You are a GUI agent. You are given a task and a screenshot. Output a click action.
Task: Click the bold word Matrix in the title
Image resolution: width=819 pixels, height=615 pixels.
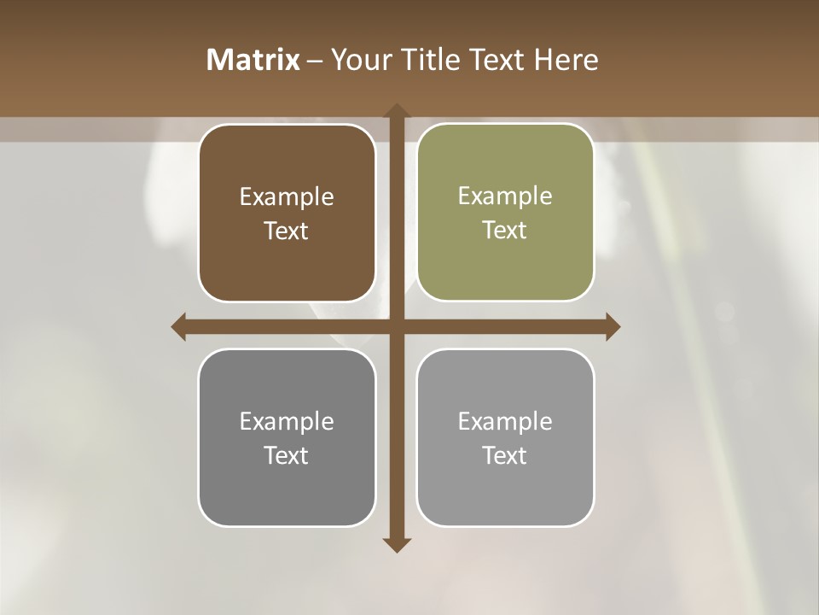253,60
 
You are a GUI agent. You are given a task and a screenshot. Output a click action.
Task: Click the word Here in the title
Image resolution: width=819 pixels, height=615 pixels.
566,60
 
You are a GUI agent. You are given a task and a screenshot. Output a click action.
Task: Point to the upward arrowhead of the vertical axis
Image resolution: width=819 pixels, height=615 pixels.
396,111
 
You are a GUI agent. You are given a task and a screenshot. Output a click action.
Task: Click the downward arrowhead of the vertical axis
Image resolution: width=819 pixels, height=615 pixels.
396,545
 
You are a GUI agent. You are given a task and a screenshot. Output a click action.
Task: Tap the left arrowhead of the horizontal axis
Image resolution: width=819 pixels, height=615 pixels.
179,327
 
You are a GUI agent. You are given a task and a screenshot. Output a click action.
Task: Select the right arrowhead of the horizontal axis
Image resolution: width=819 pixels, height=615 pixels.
612,327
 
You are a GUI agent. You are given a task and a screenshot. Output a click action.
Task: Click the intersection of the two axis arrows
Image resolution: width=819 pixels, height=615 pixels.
396,327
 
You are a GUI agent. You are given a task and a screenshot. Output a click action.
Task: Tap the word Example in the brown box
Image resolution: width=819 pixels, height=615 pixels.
287,197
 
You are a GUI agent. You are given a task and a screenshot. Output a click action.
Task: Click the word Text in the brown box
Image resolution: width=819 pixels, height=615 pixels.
287,231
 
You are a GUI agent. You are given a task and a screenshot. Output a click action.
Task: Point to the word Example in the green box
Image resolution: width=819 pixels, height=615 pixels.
505,196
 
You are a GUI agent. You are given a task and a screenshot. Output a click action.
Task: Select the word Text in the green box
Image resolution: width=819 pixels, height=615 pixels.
505,231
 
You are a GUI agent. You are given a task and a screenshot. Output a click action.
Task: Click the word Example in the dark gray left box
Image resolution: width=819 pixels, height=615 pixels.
287,421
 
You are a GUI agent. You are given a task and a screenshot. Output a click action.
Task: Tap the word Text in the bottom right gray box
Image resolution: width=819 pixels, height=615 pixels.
505,455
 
